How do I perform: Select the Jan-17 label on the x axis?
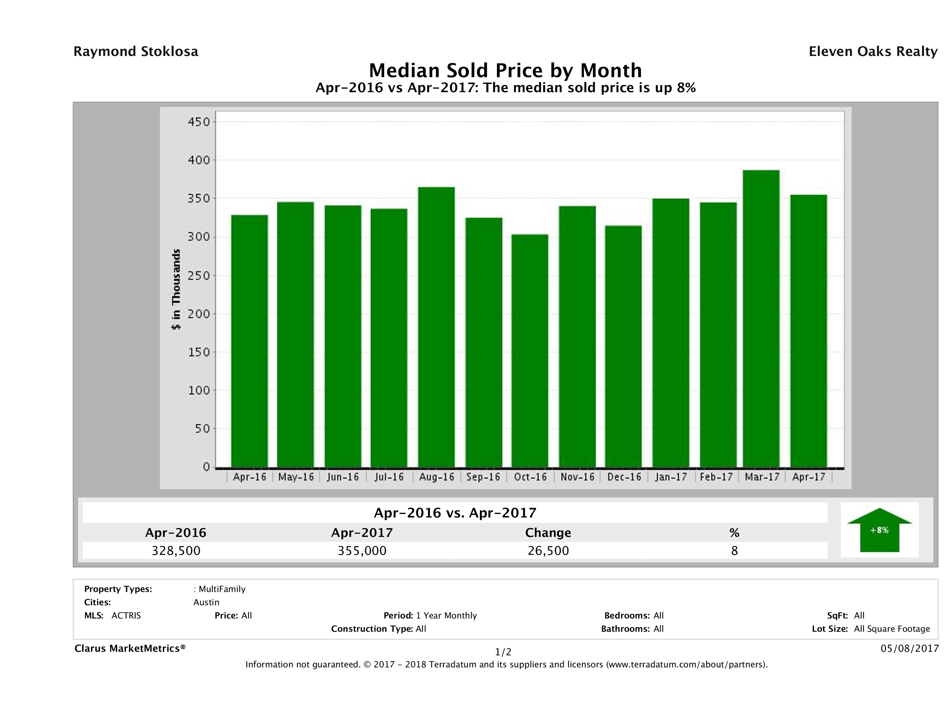click(671, 477)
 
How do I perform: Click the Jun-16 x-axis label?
click(342, 477)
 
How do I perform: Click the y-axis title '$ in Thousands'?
click(176, 289)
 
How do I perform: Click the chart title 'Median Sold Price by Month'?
click(505, 70)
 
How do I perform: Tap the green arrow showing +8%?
click(879, 530)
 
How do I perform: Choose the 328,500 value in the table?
click(176, 550)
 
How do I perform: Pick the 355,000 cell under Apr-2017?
click(362, 550)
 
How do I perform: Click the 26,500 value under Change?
click(548, 550)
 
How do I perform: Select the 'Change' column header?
click(548, 533)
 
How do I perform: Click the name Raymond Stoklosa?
click(136, 52)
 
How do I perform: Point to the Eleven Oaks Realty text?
click(873, 52)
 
